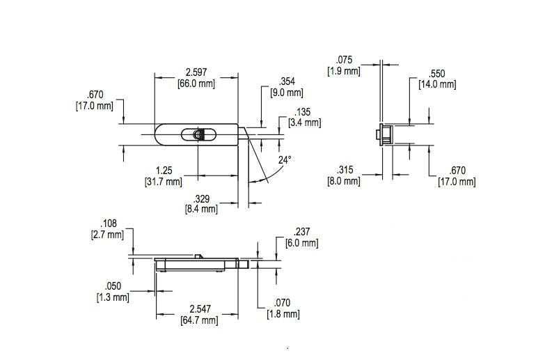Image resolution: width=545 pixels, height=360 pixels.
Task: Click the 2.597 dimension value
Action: [196, 72]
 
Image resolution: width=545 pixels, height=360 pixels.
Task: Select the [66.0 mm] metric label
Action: [196, 84]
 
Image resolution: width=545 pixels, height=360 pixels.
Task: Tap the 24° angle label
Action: [285, 160]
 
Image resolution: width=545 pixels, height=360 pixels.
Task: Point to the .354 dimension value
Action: [287, 81]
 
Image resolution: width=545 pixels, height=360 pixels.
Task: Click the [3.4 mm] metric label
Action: [304, 123]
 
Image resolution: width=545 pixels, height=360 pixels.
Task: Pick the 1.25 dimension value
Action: [164, 171]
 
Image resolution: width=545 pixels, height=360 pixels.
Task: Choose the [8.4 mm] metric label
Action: [202, 210]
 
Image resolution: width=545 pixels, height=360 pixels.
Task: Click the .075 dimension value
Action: [344, 60]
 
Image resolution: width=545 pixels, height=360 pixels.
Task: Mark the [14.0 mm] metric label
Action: [437, 84]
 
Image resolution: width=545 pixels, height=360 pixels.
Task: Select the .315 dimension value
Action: [345, 170]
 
